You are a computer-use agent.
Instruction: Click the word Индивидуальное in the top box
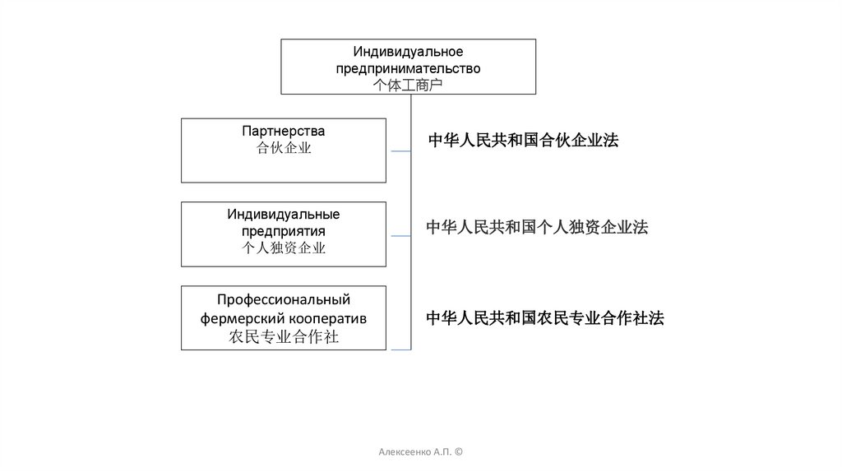coord(408,53)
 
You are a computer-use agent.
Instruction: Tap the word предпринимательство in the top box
coord(408,68)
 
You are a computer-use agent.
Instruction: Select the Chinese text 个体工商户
coord(408,84)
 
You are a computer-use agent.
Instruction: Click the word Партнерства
coord(284,132)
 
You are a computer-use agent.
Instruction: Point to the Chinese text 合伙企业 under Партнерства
coord(284,149)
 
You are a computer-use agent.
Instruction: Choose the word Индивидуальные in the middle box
coord(284,214)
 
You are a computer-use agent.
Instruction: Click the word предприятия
coord(284,231)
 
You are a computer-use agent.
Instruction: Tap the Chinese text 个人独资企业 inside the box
coord(284,248)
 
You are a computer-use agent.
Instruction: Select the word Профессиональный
coord(284,300)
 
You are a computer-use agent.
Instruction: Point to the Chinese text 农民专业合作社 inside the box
coord(284,335)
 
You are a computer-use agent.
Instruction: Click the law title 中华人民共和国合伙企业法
coord(523,141)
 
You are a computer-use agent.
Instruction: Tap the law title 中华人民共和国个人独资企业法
coord(537,228)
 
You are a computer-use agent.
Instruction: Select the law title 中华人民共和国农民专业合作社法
coord(544,318)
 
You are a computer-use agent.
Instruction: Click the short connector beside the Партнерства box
coord(399,151)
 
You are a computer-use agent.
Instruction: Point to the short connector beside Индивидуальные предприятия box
coord(399,236)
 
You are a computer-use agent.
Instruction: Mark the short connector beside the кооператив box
coord(399,349)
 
